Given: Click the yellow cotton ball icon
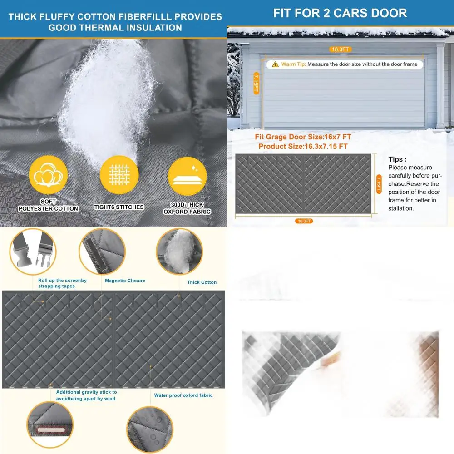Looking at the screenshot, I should click(x=48, y=175).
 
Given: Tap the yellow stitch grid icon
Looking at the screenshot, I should click(x=119, y=175).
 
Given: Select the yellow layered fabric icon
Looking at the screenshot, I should click(x=187, y=176).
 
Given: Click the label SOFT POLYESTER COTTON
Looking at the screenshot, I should click(x=48, y=205).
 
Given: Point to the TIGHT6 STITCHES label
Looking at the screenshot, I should click(x=119, y=207).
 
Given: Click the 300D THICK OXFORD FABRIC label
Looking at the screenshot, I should click(x=187, y=208).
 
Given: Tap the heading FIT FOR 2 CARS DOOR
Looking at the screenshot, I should click(x=340, y=13).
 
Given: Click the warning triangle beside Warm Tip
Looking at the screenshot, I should click(x=275, y=64).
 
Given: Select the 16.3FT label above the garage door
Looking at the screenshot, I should click(x=340, y=49).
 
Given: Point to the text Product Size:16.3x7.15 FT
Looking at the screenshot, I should click(x=303, y=146).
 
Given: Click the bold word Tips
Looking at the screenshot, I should click(x=397, y=159).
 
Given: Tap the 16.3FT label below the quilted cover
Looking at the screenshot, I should click(x=304, y=221).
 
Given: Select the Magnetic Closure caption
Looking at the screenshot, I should click(x=125, y=281).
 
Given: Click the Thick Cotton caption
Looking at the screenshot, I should click(x=202, y=282).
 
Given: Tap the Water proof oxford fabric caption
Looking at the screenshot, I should click(x=183, y=395).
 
